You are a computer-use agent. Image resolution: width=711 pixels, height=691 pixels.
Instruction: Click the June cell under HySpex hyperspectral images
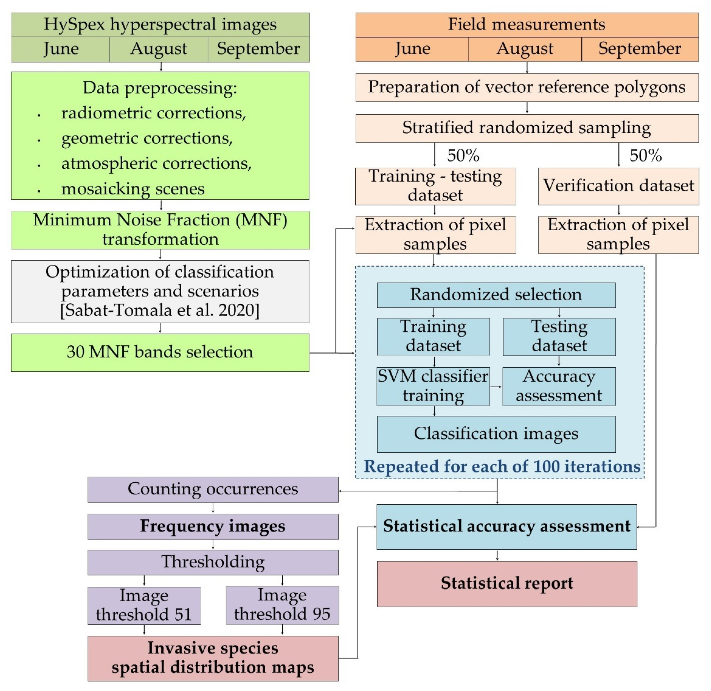pos(61,49)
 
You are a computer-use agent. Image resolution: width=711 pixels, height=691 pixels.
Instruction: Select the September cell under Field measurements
pos(639,49)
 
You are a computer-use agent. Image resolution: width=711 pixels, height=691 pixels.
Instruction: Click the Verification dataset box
pos(618,186)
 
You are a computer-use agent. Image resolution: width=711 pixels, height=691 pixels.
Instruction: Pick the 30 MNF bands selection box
pos(160,352)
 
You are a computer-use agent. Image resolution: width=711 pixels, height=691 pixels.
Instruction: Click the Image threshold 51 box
pos(144,605)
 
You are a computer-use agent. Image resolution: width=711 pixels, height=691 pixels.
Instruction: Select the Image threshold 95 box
pos(282,605)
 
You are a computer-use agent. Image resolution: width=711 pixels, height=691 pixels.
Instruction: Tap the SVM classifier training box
pos(433,386)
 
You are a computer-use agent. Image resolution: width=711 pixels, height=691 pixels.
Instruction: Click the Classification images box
pos(496,434)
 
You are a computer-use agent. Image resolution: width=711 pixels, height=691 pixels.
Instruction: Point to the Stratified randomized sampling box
pos(527,128)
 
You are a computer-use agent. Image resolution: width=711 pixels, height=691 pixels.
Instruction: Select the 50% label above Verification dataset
pos(645,155)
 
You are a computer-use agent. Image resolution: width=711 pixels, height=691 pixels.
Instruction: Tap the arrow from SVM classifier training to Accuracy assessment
pos(496,386)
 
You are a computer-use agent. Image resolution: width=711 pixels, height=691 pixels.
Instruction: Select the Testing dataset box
pos(559,336)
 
